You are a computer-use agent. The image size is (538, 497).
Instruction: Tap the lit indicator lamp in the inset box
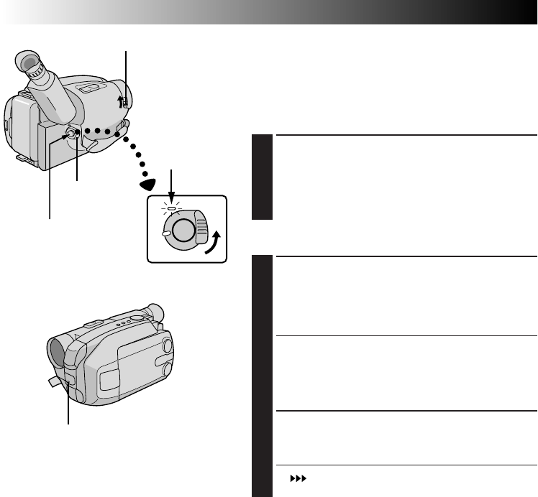tap(172, 210)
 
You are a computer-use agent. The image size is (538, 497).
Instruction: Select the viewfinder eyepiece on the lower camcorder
tap(154, 314)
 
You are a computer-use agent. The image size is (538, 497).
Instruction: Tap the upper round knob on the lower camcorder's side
tap(167, 345)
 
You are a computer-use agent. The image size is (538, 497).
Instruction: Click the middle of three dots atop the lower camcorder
tap(121, 323)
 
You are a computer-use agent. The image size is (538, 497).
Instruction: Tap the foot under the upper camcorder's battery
tap(23, 156)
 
